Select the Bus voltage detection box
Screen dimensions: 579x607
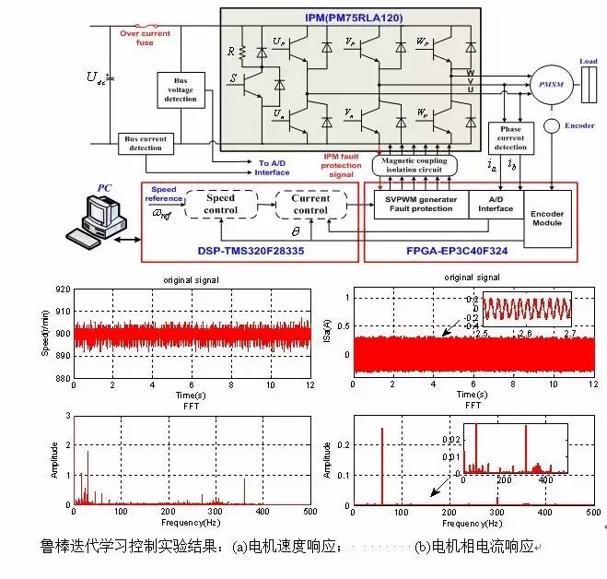(x=181, y=91)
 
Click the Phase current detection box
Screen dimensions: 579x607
(x=510, y=138)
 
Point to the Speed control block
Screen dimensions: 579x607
(x=221, y=204)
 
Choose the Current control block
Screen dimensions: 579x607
(x=310, y=204)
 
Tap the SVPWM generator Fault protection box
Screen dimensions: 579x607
(x=420, y=205)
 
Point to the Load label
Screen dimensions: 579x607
(x=589, y=62)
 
